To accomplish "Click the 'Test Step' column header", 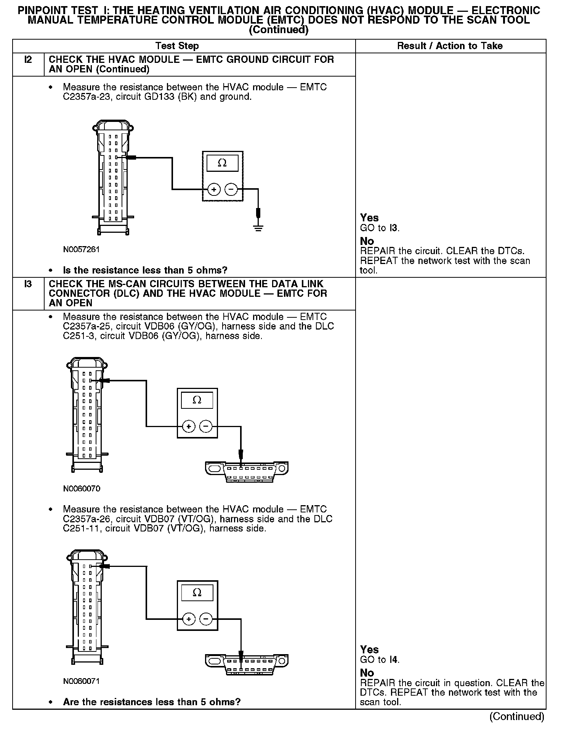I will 177,46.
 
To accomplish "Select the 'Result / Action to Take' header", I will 450,46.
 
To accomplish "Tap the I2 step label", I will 28,60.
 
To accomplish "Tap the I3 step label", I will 28,284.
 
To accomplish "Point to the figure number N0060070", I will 82,488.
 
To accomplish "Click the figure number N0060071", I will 82,681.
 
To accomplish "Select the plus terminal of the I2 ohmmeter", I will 214,189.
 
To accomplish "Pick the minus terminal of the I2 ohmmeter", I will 231,189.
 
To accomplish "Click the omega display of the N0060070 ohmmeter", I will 197,400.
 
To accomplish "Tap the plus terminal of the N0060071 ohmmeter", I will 189,619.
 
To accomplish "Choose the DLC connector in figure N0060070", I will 247,472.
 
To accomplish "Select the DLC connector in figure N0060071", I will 247,664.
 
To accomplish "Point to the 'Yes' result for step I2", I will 369,218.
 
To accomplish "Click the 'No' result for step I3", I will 367,673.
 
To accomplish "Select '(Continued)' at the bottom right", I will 516,717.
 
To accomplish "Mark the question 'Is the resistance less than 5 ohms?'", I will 145,270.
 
